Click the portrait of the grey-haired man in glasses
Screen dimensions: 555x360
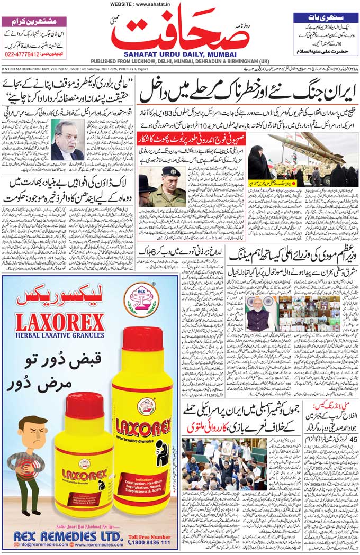click(67, 140)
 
